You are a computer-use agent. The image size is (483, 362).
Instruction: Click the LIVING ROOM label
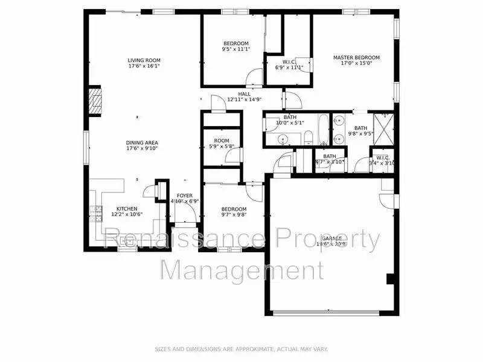point(144,60)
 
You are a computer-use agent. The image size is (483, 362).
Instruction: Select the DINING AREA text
point(142,142)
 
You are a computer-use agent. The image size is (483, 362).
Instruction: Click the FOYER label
point(185,195)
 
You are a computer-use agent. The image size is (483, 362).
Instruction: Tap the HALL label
point(244,94)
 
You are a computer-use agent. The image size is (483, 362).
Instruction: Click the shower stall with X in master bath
point(383,125)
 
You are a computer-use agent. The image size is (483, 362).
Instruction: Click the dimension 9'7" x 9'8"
point(234,214)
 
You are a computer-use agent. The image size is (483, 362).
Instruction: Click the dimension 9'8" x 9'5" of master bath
point(360,134)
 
